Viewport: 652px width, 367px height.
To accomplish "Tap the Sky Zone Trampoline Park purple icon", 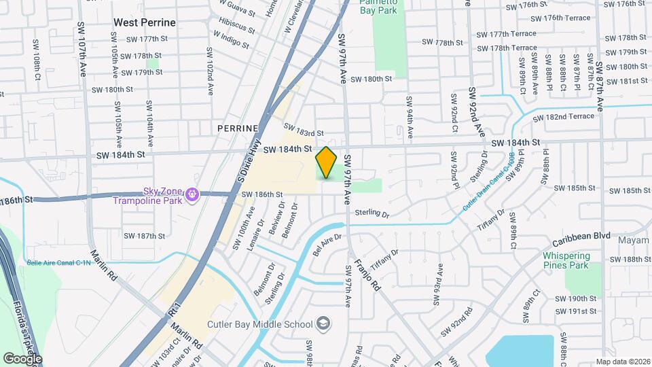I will coord(193,196).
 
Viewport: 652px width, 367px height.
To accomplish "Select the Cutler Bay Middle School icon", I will coord(324,324).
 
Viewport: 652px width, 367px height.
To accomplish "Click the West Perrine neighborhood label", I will coord(145,22).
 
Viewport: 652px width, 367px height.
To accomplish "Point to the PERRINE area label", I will coord(238,128).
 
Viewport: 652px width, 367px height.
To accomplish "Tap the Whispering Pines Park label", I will coord(566,260).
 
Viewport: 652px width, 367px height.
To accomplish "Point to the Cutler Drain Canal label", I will coord(486,183).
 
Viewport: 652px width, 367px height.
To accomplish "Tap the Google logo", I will coord(22,358).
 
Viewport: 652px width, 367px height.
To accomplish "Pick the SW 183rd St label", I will coord(304,130).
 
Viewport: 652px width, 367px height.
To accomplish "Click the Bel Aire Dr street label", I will coord(327,241).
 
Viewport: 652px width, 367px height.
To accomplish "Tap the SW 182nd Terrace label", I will coord(564,117).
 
